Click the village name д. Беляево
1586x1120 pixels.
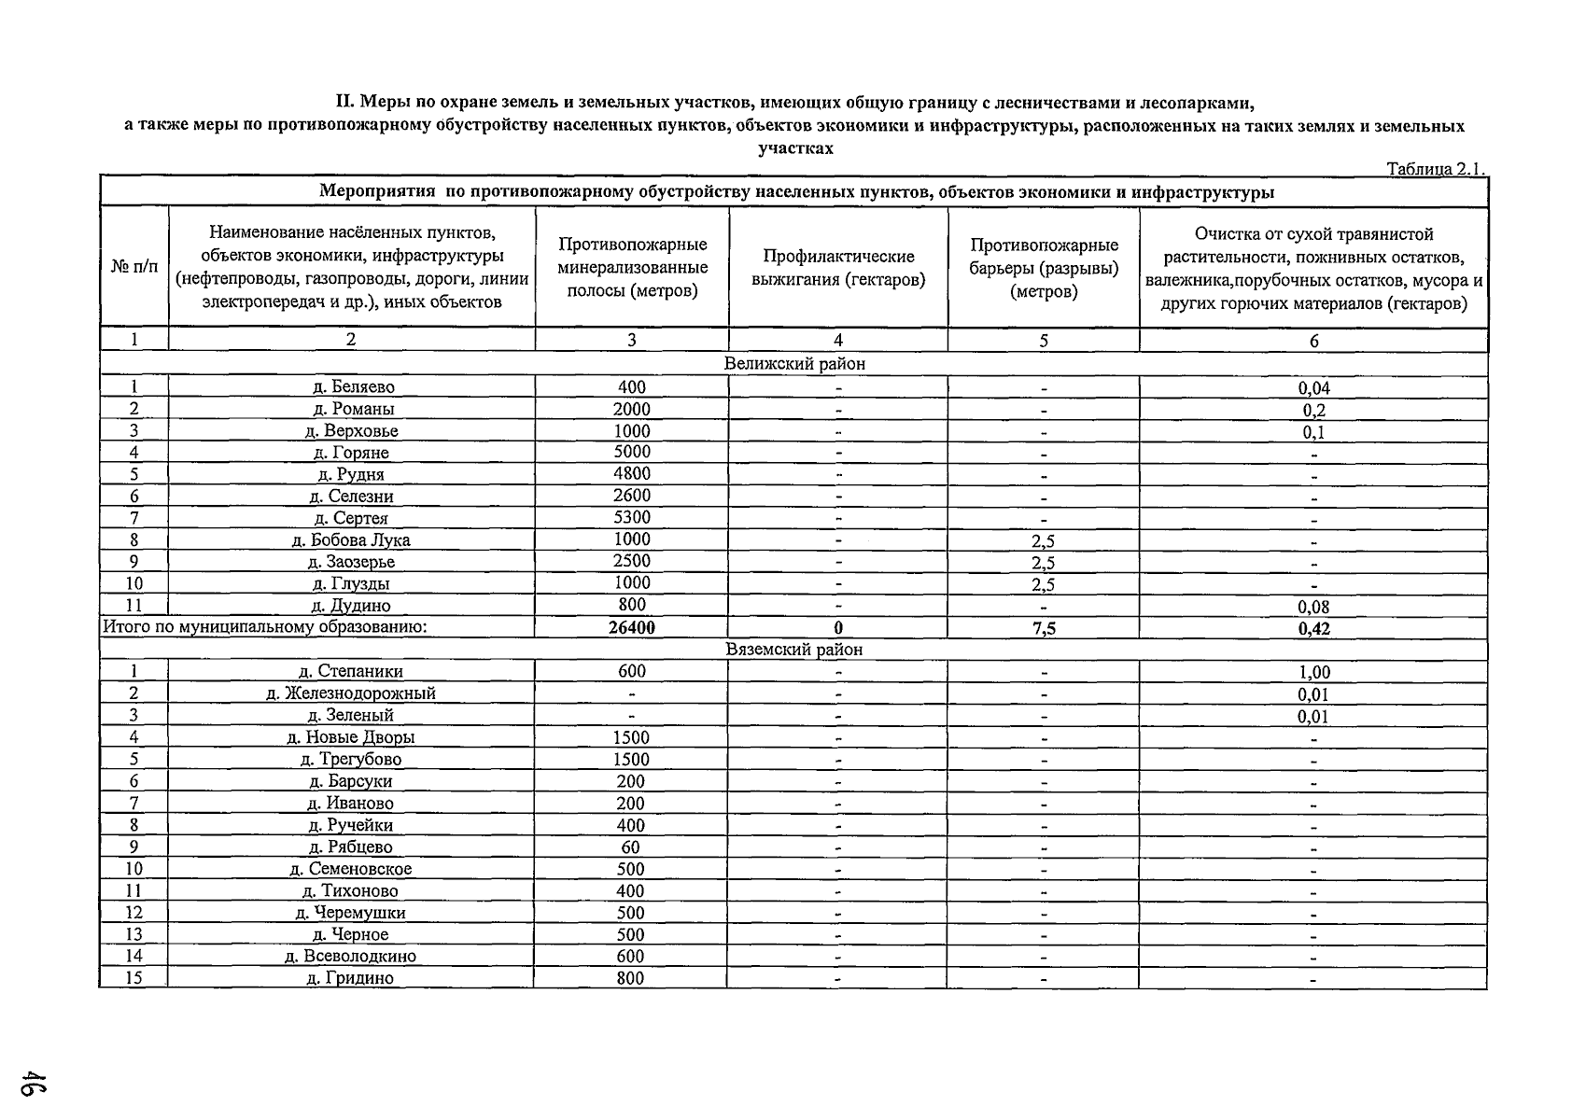[352, 387]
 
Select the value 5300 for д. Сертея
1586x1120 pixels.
[632, 517]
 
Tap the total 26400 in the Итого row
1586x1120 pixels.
[632, 628]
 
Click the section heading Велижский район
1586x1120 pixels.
[794, 364]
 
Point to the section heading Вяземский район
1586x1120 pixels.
[794, 650]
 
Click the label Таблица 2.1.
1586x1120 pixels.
[1435, 169]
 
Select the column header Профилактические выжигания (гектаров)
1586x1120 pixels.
[838, 268]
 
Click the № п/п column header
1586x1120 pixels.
[134, 268]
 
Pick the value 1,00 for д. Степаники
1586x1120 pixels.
[1313, 672]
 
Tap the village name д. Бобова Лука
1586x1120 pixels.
[352, 540]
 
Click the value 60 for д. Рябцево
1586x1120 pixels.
[631, 847]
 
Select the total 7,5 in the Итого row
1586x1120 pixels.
[1044, 628]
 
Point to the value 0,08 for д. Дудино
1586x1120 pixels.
[1313, 607]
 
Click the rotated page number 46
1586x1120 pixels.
[36, 1085]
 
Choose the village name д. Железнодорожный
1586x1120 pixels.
[351, 693]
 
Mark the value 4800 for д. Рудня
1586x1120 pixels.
[632, 474]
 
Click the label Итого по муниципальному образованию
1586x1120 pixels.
[264, 627]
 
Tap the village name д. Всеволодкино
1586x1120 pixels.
[351, 957]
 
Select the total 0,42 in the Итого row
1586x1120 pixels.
[1313, 628]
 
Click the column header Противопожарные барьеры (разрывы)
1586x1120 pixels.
[1044, 268]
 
